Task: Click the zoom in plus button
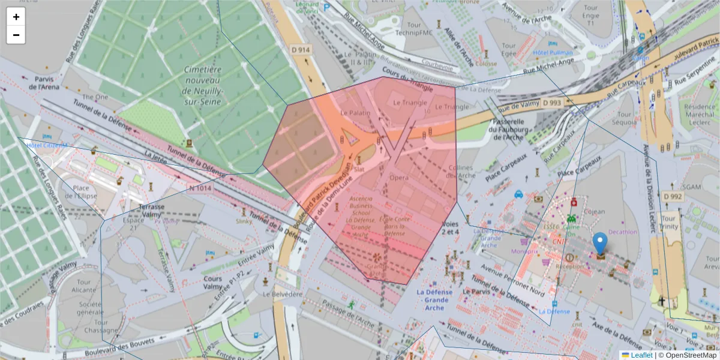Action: [16, 17]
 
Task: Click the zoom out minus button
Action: [16, 35]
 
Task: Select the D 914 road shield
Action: [300, 50]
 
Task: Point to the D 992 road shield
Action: [673, 196]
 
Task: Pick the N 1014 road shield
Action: [200, 188]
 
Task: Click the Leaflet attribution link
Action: [641, 355]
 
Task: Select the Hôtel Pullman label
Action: [553, 53]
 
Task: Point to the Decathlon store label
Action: [622, 232]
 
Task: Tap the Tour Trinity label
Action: [669, 223]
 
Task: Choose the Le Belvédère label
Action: [283, 294]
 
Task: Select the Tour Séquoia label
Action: [624, 118]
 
